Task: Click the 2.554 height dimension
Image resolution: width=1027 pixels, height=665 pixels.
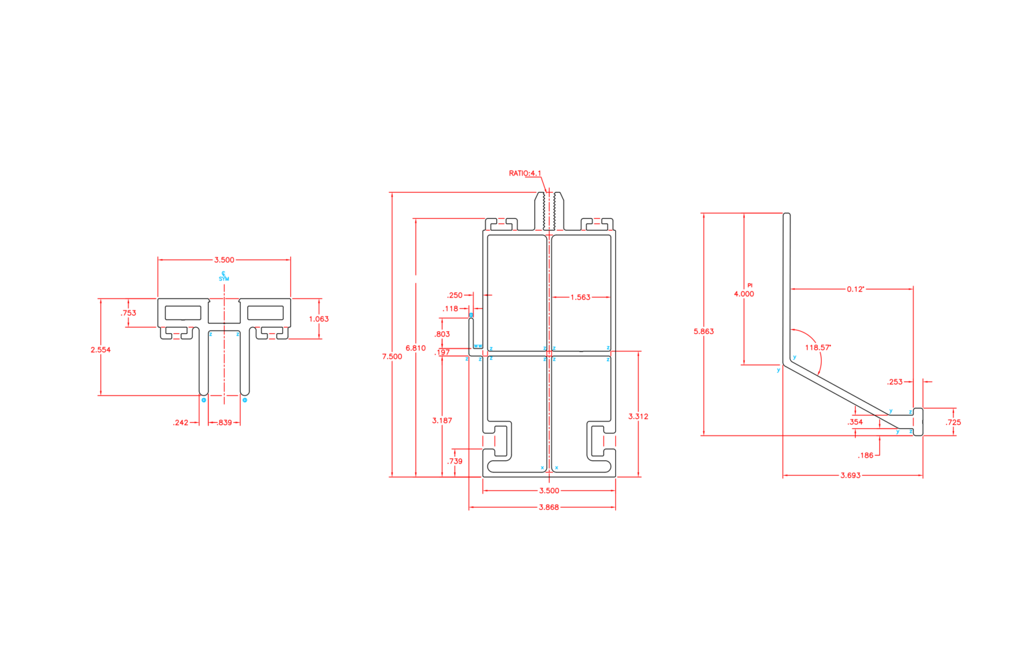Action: tap(100, 350)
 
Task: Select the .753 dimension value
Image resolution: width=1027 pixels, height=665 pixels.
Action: tap(128, 313)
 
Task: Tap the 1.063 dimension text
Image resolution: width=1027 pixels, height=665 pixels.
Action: tap(319, 319)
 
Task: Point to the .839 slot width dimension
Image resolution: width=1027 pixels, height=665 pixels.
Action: tap(225, 423)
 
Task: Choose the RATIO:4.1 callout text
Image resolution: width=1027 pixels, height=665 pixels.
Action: tap(525, 173)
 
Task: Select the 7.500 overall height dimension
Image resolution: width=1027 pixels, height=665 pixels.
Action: tap(392, 357)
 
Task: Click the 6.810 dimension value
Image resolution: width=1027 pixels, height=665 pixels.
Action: tap(415, 348)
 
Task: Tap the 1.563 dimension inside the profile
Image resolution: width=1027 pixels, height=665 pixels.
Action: tap(580, 297)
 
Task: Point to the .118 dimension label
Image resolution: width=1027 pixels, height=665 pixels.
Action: tap(451, 309)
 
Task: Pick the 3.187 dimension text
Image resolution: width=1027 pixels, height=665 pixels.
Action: tap(442, 421)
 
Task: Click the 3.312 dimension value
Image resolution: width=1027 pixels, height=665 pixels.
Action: tap(638, 416)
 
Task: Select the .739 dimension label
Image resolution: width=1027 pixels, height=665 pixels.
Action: tap(455, 462)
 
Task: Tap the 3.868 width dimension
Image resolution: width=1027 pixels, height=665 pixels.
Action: tap(548, 507)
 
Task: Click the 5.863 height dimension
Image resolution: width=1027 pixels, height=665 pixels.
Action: tap(703, 331)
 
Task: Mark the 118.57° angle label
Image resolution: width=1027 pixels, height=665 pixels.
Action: tap(818, 348)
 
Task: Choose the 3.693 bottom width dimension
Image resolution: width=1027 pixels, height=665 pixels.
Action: tap(850, 476)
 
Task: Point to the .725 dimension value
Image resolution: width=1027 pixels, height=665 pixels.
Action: tap(953, 422)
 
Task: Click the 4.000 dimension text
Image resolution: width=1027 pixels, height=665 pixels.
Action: tap(744, 294)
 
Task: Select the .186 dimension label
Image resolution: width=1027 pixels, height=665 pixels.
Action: tap(866, 456)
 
